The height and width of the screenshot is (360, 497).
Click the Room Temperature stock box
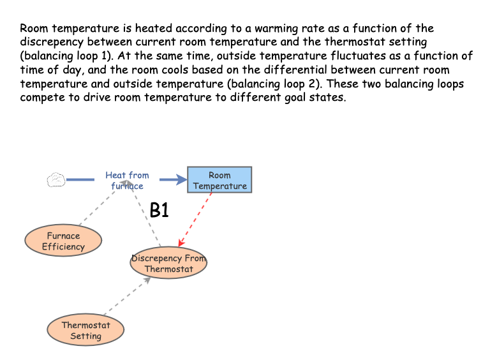(x=219, y=180)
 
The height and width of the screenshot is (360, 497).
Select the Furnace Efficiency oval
(x=63, y=241)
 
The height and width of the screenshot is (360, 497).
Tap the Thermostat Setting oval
(x=85, y=330)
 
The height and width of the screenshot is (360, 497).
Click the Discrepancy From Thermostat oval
(x=168, y=264)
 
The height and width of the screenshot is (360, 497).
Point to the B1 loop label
(x=159, y=211)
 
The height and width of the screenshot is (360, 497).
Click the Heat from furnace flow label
(x=127, y=180)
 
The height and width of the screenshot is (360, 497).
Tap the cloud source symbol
(x=56, y=180)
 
